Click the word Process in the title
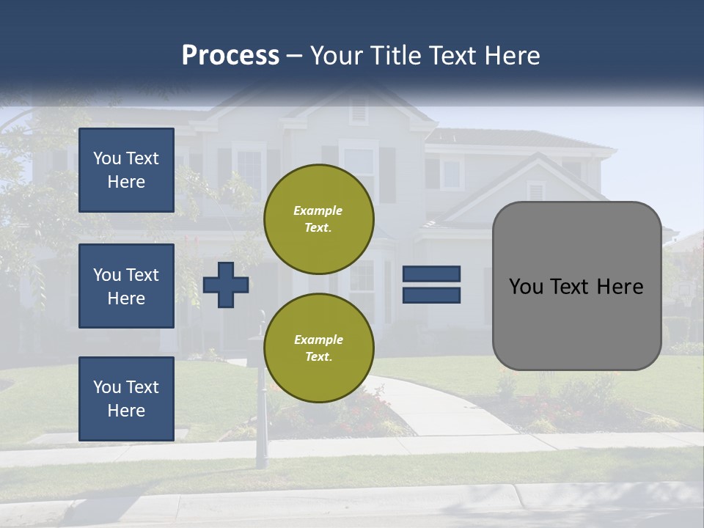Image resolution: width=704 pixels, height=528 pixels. [230, 56]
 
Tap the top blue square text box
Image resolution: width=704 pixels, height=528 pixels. [126, 170]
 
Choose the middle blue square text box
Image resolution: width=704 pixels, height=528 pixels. [126, 286]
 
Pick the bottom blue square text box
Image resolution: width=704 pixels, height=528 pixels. [126, 398]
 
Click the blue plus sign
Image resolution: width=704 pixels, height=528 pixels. [226, 285]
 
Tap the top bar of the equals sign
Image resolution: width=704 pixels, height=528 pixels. [431, 274]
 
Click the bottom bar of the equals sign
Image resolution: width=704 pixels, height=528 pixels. [431, 295]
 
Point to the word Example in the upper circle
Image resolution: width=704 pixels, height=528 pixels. [318, 210]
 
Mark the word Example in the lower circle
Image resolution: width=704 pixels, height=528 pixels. [318, 340]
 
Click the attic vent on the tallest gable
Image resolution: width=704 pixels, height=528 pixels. [359, 111]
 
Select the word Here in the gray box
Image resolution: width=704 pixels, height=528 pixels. [620, 287]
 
